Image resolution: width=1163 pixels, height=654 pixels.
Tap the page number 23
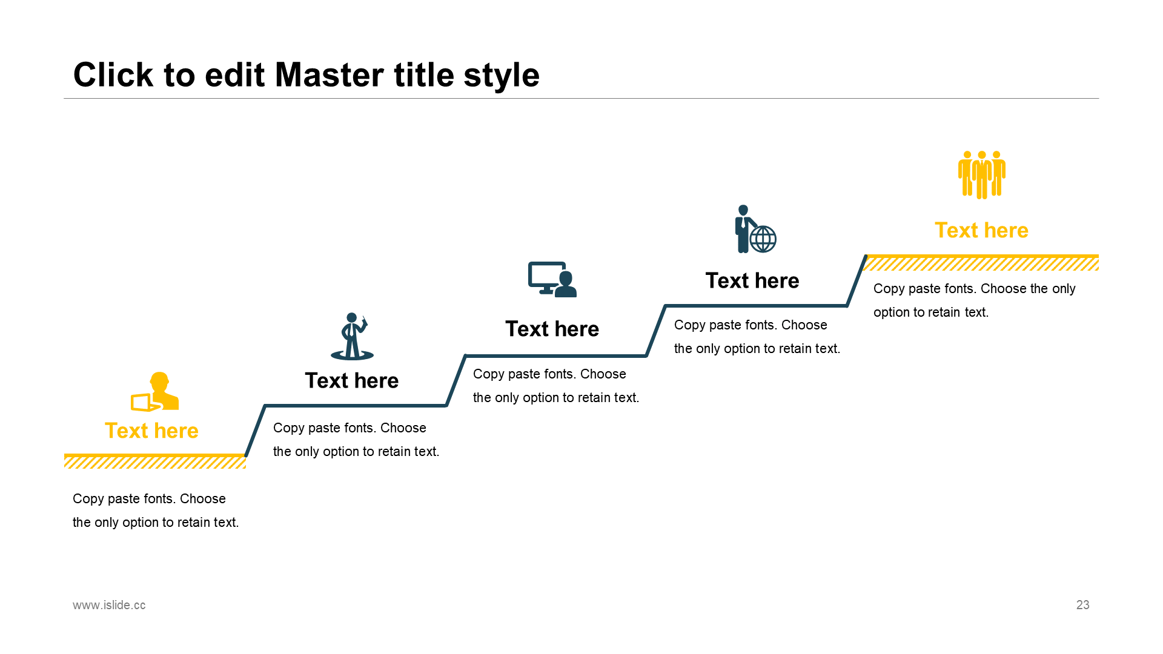pos(1082,605)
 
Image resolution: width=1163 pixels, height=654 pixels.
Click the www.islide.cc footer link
pos(109,605)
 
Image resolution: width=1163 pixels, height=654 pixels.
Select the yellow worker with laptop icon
pos(156,392)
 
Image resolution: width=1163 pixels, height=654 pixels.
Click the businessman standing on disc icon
pos(352,337)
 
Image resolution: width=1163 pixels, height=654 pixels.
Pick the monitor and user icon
pos(552,279)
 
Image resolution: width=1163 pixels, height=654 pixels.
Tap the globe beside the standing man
pos(763,239)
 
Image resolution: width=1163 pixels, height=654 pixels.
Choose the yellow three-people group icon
pos(981,174)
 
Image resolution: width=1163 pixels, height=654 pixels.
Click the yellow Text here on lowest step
pos(151,431)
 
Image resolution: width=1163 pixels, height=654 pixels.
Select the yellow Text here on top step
pos(981,230)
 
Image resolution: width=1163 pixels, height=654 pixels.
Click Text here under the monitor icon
pos(552,329)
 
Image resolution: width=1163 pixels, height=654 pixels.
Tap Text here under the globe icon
pos(752,280)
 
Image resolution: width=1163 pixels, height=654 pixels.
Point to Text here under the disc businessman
pos(352,380)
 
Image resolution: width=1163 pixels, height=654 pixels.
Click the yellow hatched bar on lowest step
pos(155,462)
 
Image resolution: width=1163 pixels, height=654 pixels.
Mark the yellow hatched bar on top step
pos(981,263)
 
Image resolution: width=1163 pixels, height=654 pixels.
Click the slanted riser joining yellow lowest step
pos(256,430)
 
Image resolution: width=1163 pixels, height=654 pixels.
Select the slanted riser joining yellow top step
pos(857,281)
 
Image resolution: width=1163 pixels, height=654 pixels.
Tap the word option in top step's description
pos(890,312)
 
